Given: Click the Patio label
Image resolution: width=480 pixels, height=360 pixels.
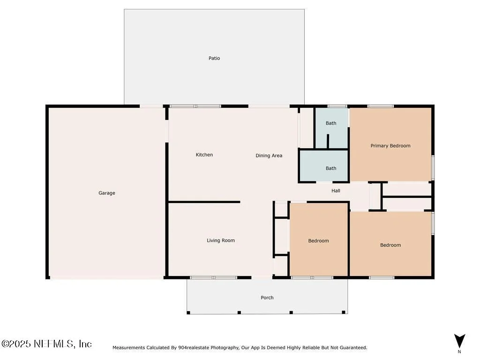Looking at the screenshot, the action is click(214, 58).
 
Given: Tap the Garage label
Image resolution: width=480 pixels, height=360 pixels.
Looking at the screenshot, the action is click(107, 193).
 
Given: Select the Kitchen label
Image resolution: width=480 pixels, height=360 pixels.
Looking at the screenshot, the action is click(204, 155).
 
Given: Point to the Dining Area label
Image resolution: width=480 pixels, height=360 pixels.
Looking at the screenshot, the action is click(269, 156).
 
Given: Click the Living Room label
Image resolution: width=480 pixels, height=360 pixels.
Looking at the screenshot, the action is click(221, 240).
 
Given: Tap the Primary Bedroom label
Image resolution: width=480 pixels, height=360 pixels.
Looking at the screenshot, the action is click(390, 146).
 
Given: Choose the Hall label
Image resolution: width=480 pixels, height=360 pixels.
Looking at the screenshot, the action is click(336, 191).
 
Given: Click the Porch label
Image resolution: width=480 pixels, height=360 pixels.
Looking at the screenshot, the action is click(267, 298).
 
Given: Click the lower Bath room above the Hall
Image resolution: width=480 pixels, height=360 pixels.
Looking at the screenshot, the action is click(323, 166).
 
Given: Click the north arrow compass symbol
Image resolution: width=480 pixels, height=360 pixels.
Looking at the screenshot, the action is click(459, 341).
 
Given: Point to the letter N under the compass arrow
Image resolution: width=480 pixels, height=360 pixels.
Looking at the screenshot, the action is click(459, 352).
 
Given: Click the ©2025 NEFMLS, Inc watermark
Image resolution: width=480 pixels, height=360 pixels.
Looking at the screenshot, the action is click(46, 344).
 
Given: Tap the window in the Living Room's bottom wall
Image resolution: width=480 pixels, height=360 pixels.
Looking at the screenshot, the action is click(214, 277).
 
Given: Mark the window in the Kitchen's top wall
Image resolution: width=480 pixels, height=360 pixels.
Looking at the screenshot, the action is click(195, 106).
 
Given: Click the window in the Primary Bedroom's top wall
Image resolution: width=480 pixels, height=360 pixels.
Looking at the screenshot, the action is click(381, 106).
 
